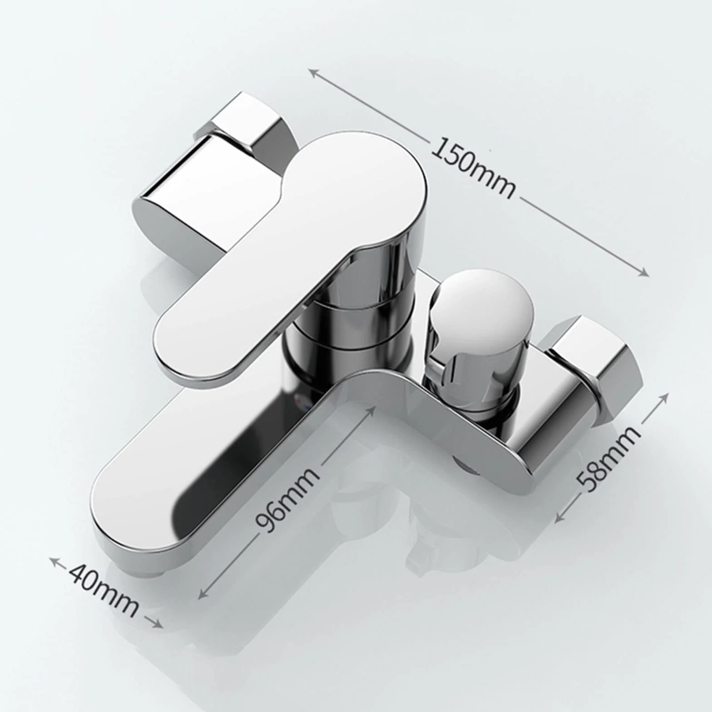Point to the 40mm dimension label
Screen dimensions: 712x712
[x=103, y=591]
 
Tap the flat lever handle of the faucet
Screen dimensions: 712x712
[x=290, y=254]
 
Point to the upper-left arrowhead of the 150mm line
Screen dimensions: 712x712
[x=312, y=72]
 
